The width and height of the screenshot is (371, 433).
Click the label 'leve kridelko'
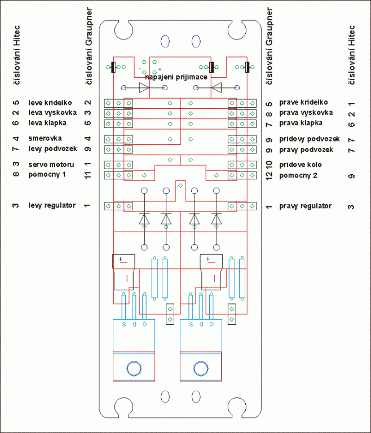[48, 103]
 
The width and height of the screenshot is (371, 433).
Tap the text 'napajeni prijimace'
[176, 77]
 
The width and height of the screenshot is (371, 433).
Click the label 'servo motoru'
[51, 165]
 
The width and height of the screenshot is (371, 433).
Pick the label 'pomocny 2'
[297, 175]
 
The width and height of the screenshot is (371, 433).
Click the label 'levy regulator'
[51, 206]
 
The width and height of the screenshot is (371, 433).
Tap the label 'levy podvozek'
[50, 149]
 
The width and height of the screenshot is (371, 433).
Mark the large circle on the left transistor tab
[134, 369]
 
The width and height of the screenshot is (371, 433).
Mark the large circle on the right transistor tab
[201, 369]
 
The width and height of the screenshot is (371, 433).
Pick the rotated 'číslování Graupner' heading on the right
[269, 46]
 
